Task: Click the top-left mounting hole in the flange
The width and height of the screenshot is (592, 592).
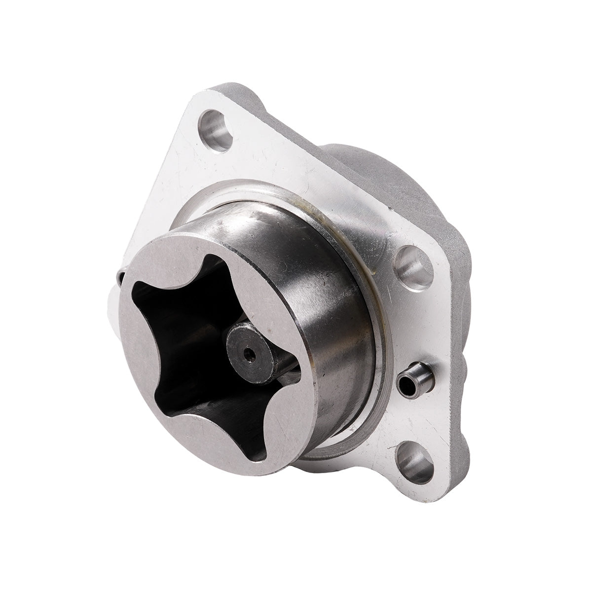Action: [x=216, y=130]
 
